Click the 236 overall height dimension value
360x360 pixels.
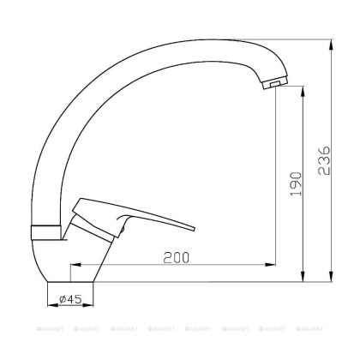click(x=323, y=159)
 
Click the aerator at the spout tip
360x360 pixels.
click(x=272, y=85)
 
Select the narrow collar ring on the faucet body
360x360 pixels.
click(x=47, y=231)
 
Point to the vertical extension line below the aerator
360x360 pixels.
click(x=273, y=171)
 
